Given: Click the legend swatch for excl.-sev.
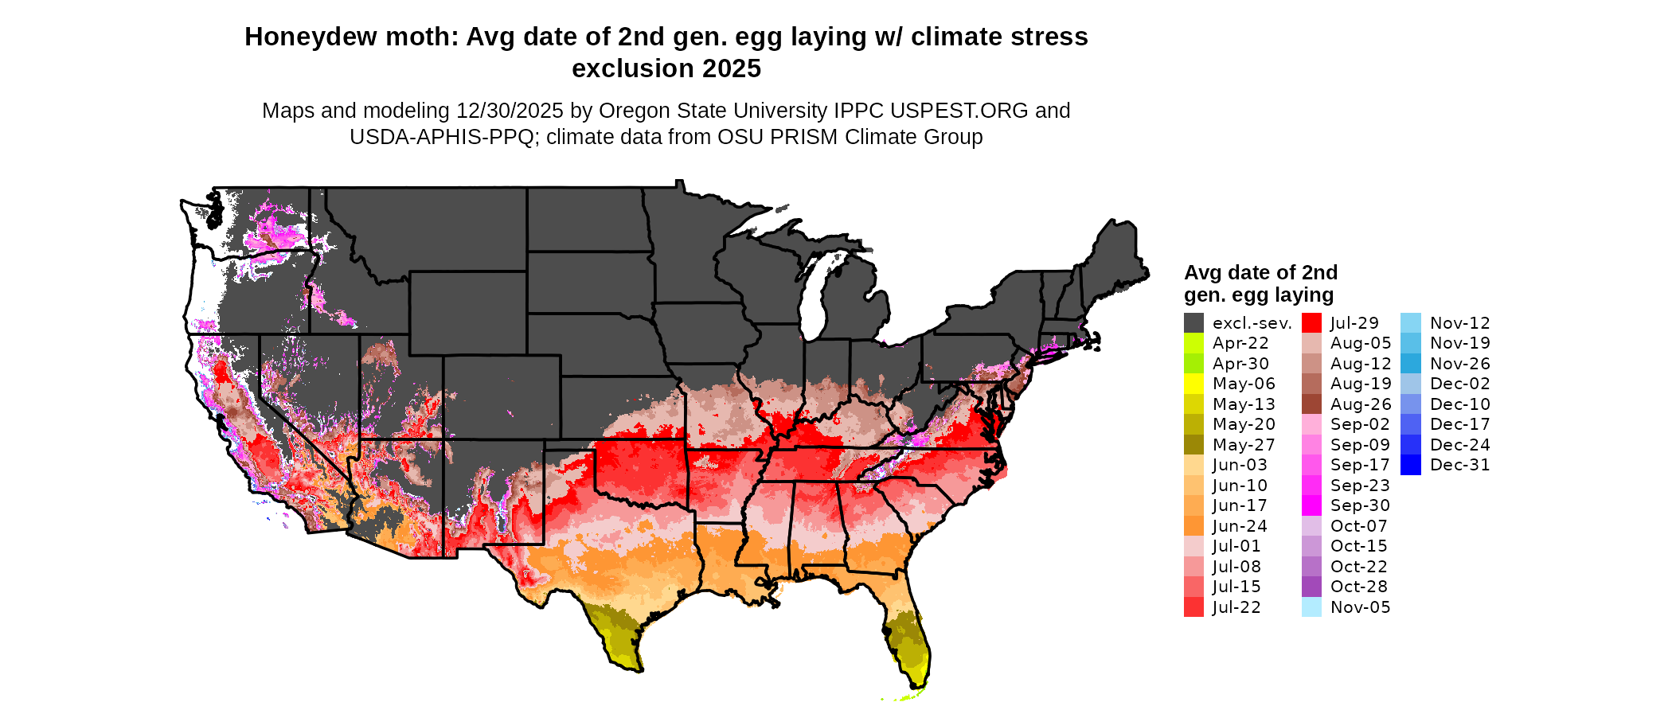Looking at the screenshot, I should (x=1193, y=323).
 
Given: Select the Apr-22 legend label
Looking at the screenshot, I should (x=1240, y=343).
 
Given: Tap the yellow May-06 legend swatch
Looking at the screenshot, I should (x=1193, y=384).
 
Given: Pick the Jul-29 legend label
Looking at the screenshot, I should (x=1354, y=323).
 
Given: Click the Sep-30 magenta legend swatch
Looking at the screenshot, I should (x=1311, y=505).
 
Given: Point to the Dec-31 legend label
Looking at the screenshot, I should (x=1459, y=465).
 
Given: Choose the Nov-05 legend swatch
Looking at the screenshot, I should (x=1311, y=607).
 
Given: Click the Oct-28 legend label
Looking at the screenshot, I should (x=1358, y=587).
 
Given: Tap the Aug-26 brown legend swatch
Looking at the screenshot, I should (x=1311, y=404).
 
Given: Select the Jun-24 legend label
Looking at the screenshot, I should (x=1240, y=526).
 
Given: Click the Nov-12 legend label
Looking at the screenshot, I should (x=1459, y=323).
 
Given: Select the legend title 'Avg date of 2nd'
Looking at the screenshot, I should (x=1260, y=273).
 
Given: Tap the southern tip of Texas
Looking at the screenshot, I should (x=637, y=668).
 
